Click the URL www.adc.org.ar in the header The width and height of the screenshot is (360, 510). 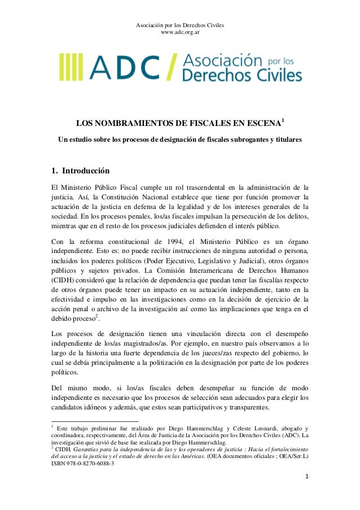pos(180,32)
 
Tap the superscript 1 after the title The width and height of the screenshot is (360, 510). pos(283,122)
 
